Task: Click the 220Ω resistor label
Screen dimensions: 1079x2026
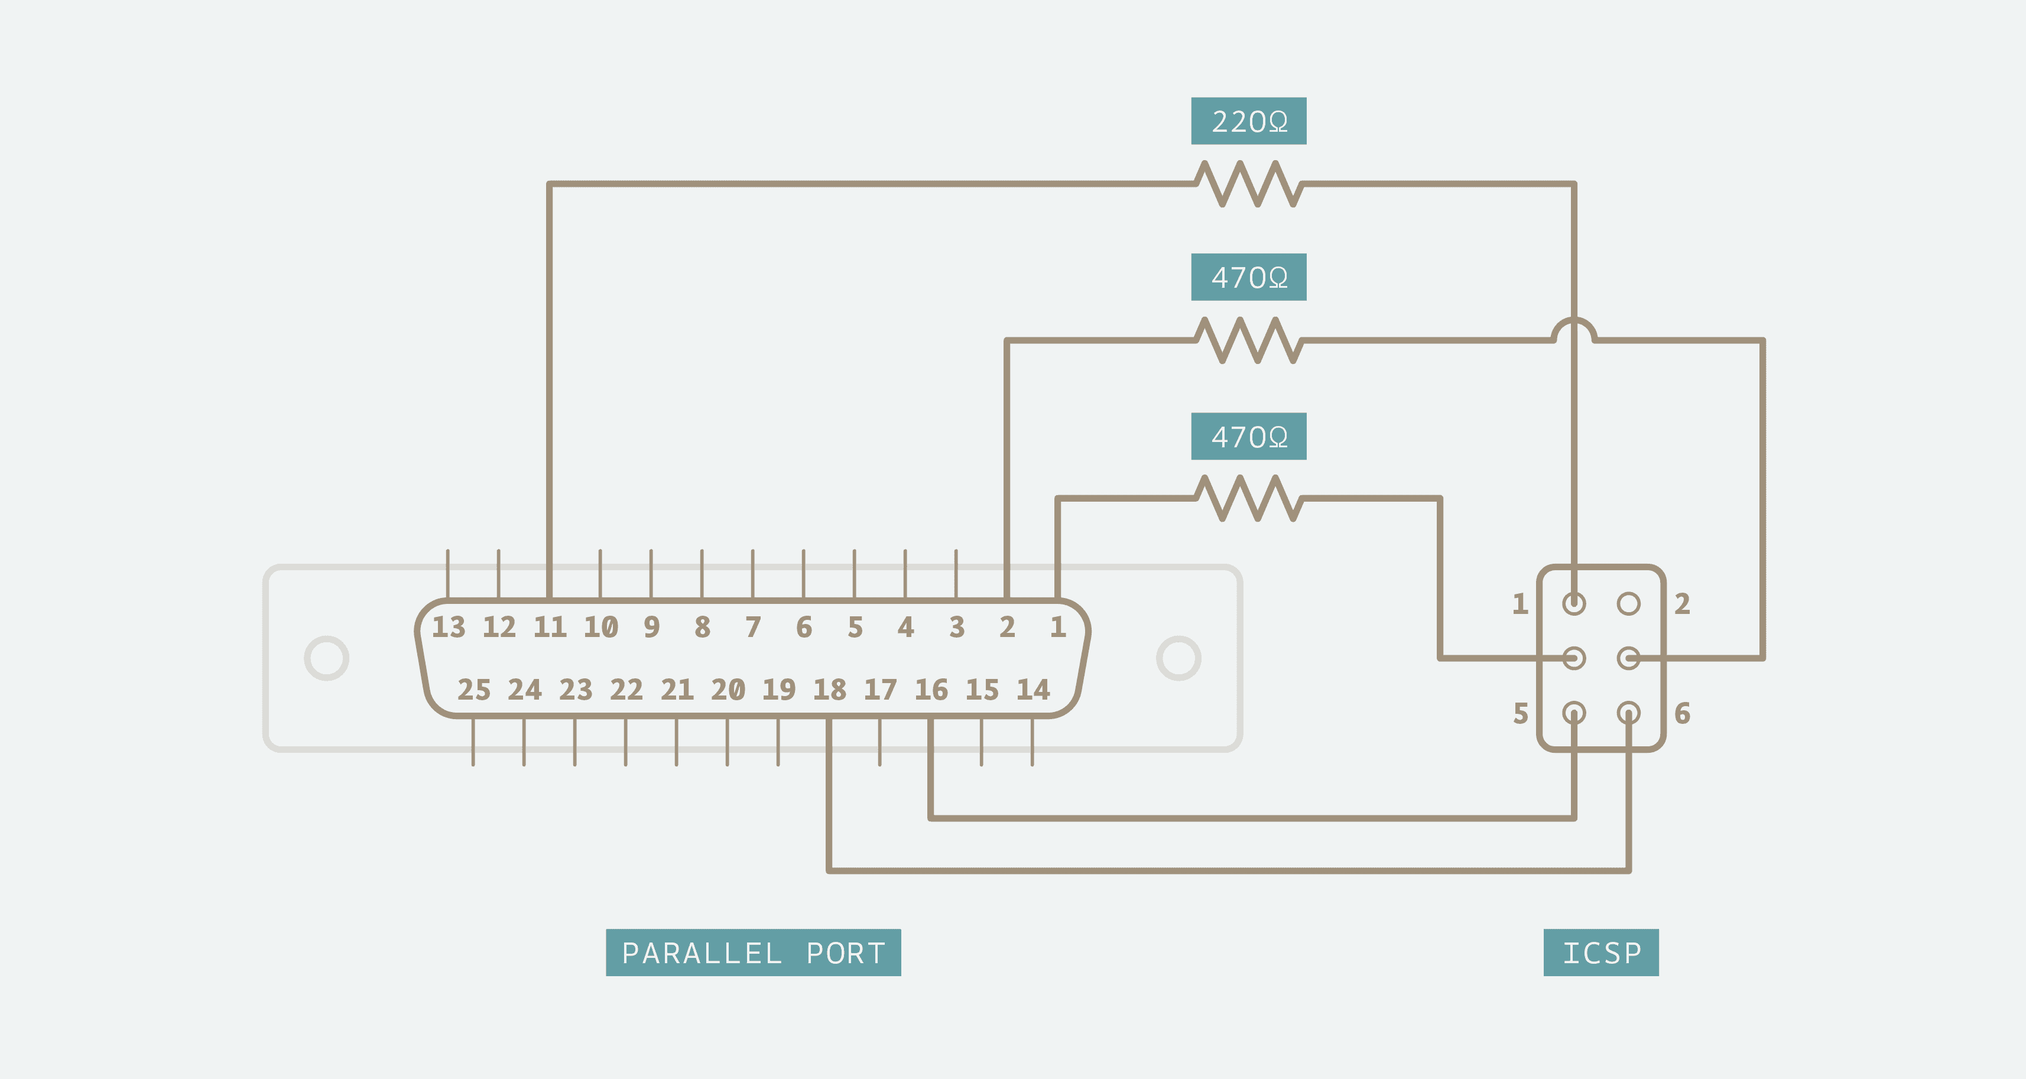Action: point(1248,121)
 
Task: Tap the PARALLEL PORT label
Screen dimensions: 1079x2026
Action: point(753,953)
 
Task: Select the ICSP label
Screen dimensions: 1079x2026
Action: point(1600,953)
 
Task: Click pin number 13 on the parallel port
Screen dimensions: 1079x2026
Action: point(449,627)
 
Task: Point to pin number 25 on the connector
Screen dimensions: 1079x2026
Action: point(473,690)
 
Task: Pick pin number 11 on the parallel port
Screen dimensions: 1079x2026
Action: point(550,627)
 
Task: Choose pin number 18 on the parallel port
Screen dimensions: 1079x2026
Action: point(829,690)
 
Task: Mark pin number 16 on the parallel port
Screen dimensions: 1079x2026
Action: point(931,690)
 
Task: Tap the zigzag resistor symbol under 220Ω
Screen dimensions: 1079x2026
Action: point(1248,184)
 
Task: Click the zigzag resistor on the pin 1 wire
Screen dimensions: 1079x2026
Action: point(1248,498)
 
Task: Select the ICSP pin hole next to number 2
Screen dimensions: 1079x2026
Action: point(1628,603)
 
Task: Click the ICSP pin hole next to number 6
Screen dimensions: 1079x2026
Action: point(1628,713)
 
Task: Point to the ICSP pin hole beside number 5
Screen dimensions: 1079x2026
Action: point(1574,713)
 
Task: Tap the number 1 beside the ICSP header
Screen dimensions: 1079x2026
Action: point(1519,604)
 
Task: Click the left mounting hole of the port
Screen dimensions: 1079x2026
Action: point(326,658)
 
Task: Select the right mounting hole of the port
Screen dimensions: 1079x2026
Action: point(1178,658)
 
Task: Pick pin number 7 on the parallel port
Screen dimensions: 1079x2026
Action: point(753,627)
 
